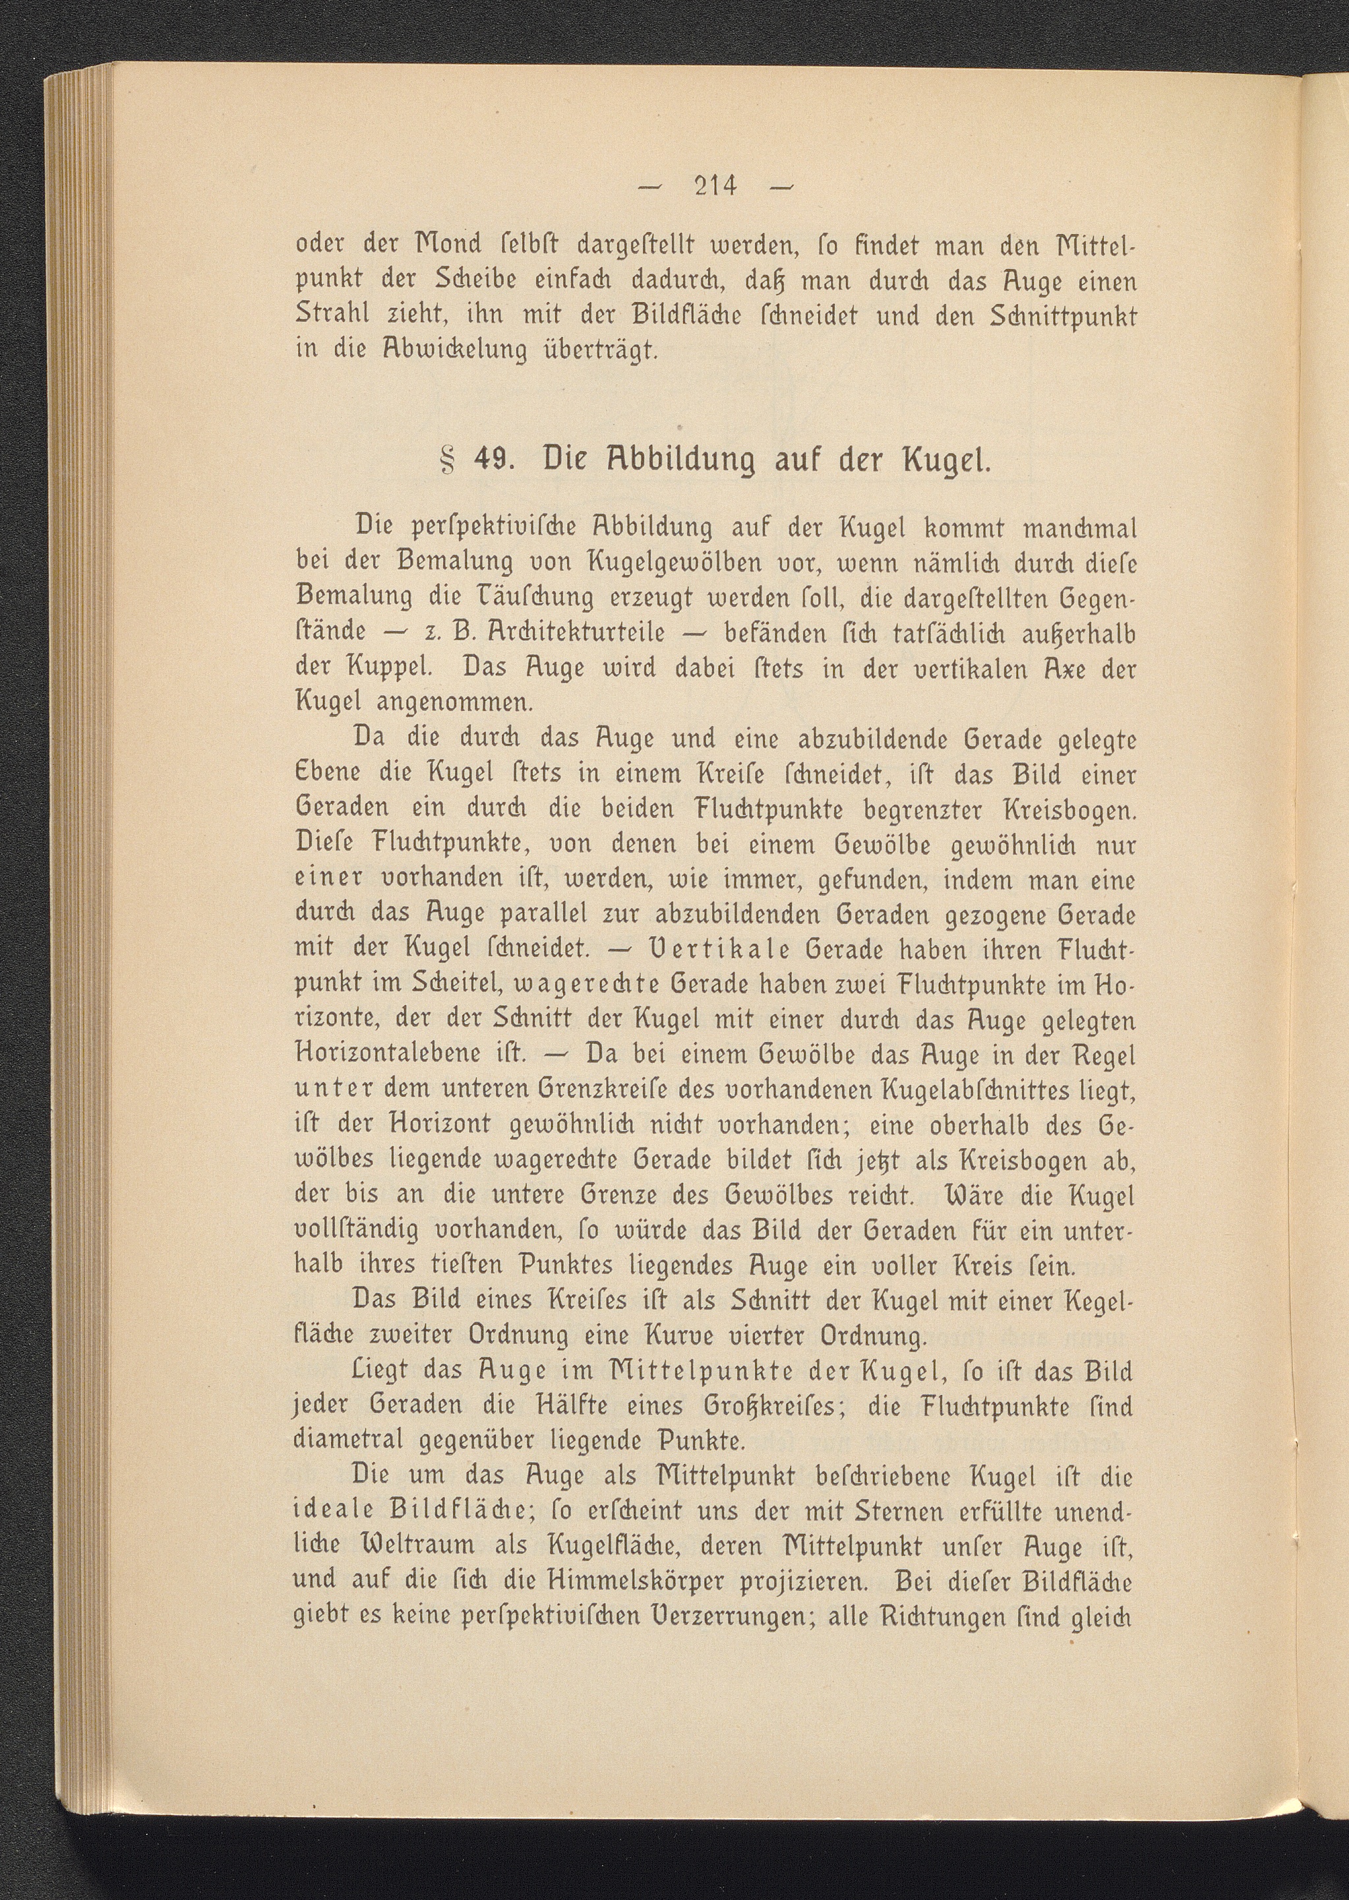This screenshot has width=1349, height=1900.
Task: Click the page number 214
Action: coord(713,185)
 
